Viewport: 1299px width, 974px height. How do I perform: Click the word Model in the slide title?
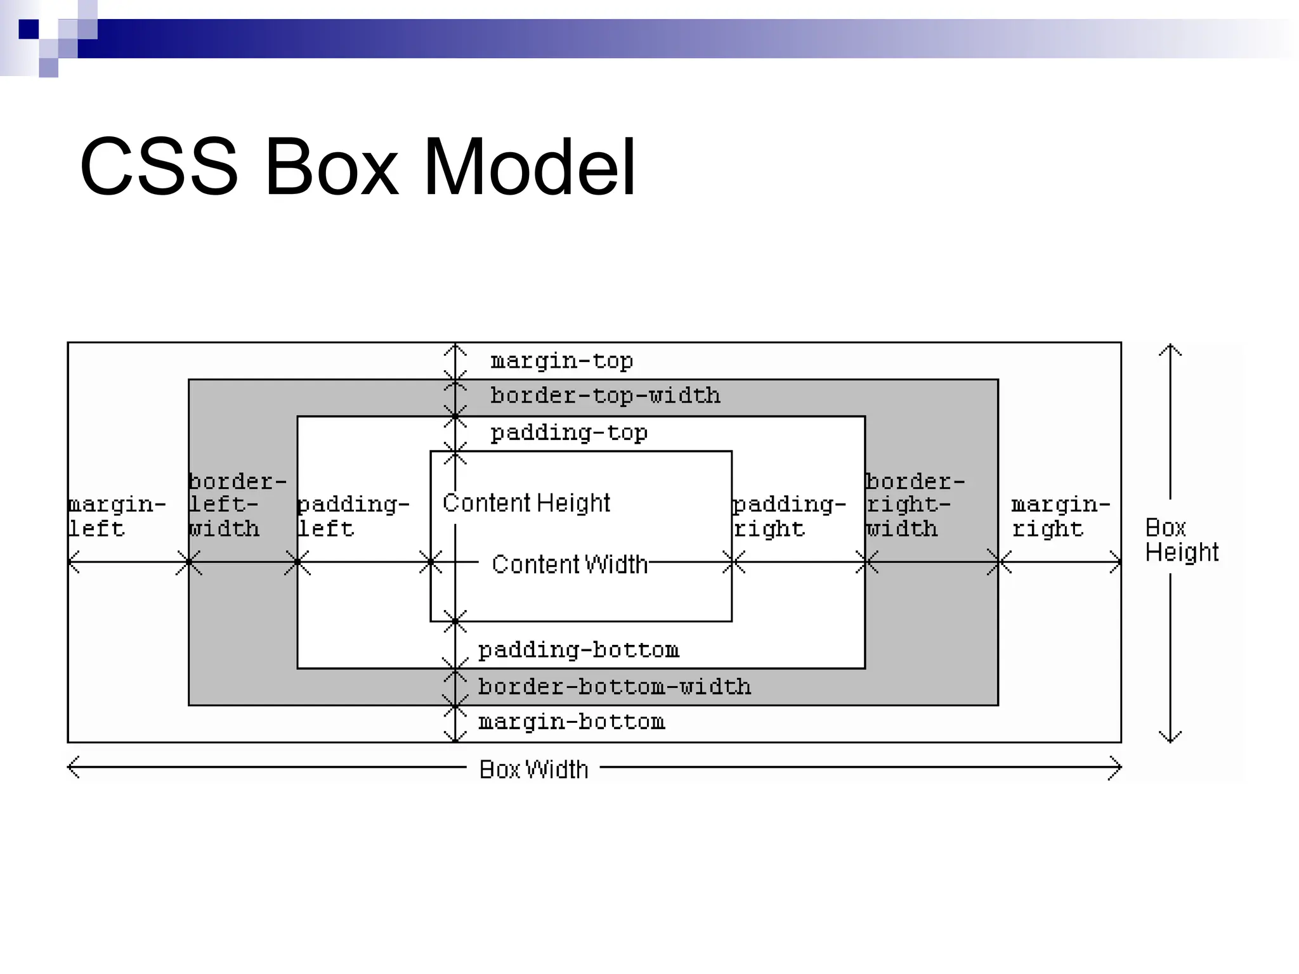point(529,167)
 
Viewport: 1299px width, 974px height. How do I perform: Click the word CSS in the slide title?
point(159,167)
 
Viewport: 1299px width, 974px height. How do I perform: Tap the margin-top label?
point(561,361)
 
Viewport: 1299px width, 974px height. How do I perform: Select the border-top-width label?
point(605,396)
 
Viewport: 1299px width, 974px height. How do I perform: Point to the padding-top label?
point(569,433)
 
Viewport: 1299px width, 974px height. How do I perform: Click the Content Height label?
point(526,503)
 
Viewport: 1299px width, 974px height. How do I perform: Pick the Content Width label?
point(570,564)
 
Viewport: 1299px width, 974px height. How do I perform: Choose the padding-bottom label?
point(578,651)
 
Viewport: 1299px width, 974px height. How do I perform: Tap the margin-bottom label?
point(571,722)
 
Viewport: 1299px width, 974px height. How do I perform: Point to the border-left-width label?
point(237,505)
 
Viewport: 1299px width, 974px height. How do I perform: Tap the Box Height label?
point(1181,540)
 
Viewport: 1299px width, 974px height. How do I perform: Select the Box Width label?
point(533,770)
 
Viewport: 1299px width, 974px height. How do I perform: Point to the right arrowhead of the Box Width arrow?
point(1118,767)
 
